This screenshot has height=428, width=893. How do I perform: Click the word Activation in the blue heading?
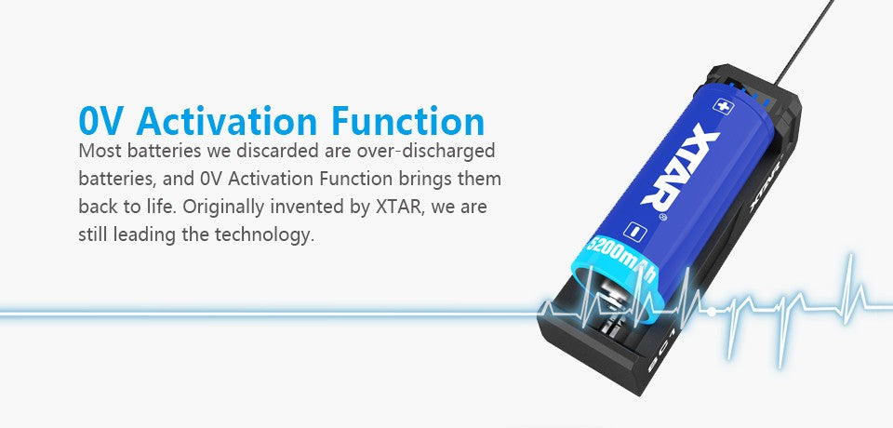tap(220, 121)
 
